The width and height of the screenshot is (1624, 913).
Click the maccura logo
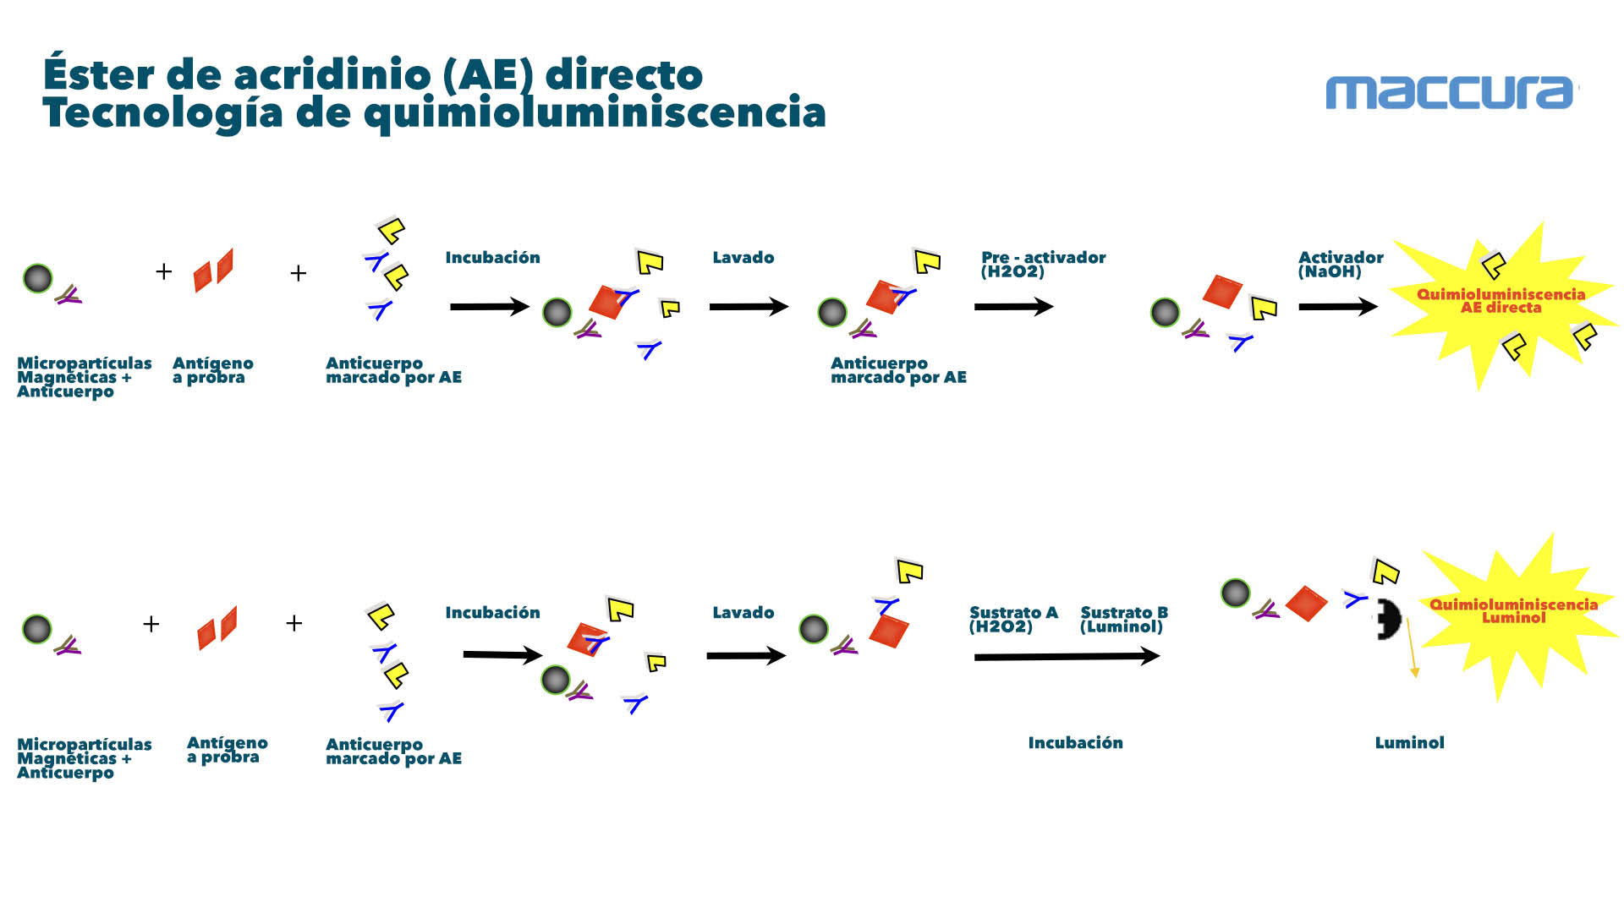(x=1450, y=92)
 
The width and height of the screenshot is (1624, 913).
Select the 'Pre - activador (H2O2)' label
(x=1043, y=264)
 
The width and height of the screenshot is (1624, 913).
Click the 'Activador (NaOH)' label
(x=1340, y=264)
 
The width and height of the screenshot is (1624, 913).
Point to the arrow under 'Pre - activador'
(x=1012, y=307)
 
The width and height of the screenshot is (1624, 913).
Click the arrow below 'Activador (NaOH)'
(x=1337, y=307)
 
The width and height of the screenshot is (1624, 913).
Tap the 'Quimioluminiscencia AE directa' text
(x=1501, y=301)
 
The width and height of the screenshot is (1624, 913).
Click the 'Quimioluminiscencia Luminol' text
(x=1513, y=610)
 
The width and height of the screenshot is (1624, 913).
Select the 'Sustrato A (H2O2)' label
(x=1012, y=619)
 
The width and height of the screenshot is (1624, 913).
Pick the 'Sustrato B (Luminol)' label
(x=1123, y=619)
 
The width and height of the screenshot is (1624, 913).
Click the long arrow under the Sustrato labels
(x=1066, y=656)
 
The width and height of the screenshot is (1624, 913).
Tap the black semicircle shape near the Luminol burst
(x=1387, y=620)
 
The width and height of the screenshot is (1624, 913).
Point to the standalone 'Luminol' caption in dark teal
(x=1409, y=743)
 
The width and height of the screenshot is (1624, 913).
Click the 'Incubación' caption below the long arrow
(x=1075, y=743)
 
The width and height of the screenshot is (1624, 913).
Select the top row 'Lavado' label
(x=743, y=258)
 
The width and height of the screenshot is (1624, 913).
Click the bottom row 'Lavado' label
(x=743, y=613)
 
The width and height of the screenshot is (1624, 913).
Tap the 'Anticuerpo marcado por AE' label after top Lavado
(x=897, y=370)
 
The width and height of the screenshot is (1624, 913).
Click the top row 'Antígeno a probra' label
(x=212, y=370)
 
